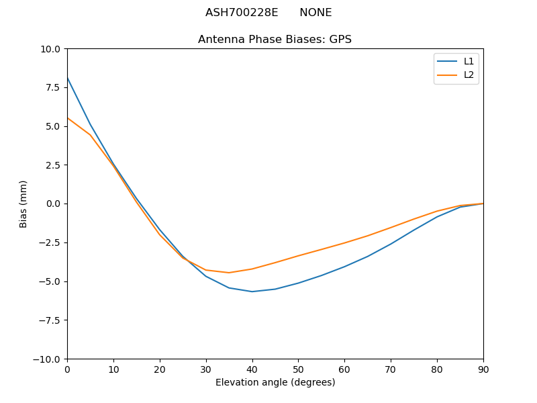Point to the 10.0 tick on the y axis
pyautogui.click(x=52, y=49)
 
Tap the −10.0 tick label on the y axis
pyautogui.click(x=49, y=359)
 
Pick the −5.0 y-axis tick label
pyautogui.click(x=50, y=281)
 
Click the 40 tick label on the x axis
pyautogui.click(x=252, y=369)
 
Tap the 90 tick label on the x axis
pyautogui.click(x=483, y=369)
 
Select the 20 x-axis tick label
pyautogui.click(x=160, y=369)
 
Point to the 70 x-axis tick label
pyautogui.click(x=391, y=369)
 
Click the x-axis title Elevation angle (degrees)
pyautogui.click(x=275, y=383)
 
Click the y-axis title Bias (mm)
pyautogui.click(x=23, y=204)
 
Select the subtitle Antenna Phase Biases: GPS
pyautogui.click(x=275, y=40)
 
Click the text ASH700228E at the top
pyautogui.click(x=242, y=13)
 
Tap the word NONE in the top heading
pyautogui.click(x=315, y=13)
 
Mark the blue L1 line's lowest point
pyautogui.click(x=252, y=292)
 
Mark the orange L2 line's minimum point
pyautogui.click(x=229, y=273)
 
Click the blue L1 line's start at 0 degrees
pyautogui.click(x=67, y=78)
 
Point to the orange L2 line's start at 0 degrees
pyautogui.click(x=67, y=118)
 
